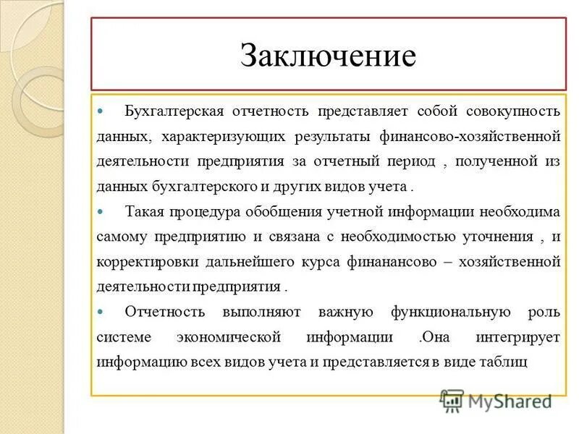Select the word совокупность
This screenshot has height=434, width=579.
515,112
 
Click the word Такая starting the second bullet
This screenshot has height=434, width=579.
144,212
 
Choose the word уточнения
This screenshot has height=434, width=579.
495,237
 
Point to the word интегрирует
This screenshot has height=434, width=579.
519,337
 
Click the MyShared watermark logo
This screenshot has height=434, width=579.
496,401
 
